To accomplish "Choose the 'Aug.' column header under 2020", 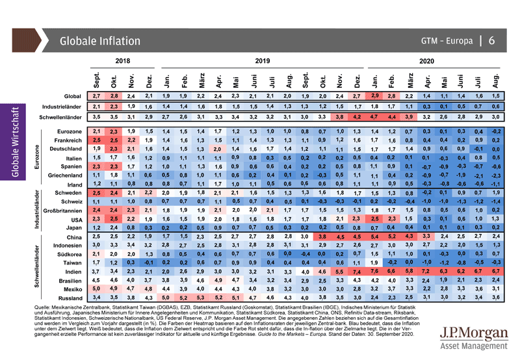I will [x=495, y=81].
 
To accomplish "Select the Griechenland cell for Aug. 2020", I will [x=495, y=175].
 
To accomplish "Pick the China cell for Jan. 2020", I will [x=375, y=237].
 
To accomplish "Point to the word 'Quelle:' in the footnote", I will [x=42, y=308].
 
